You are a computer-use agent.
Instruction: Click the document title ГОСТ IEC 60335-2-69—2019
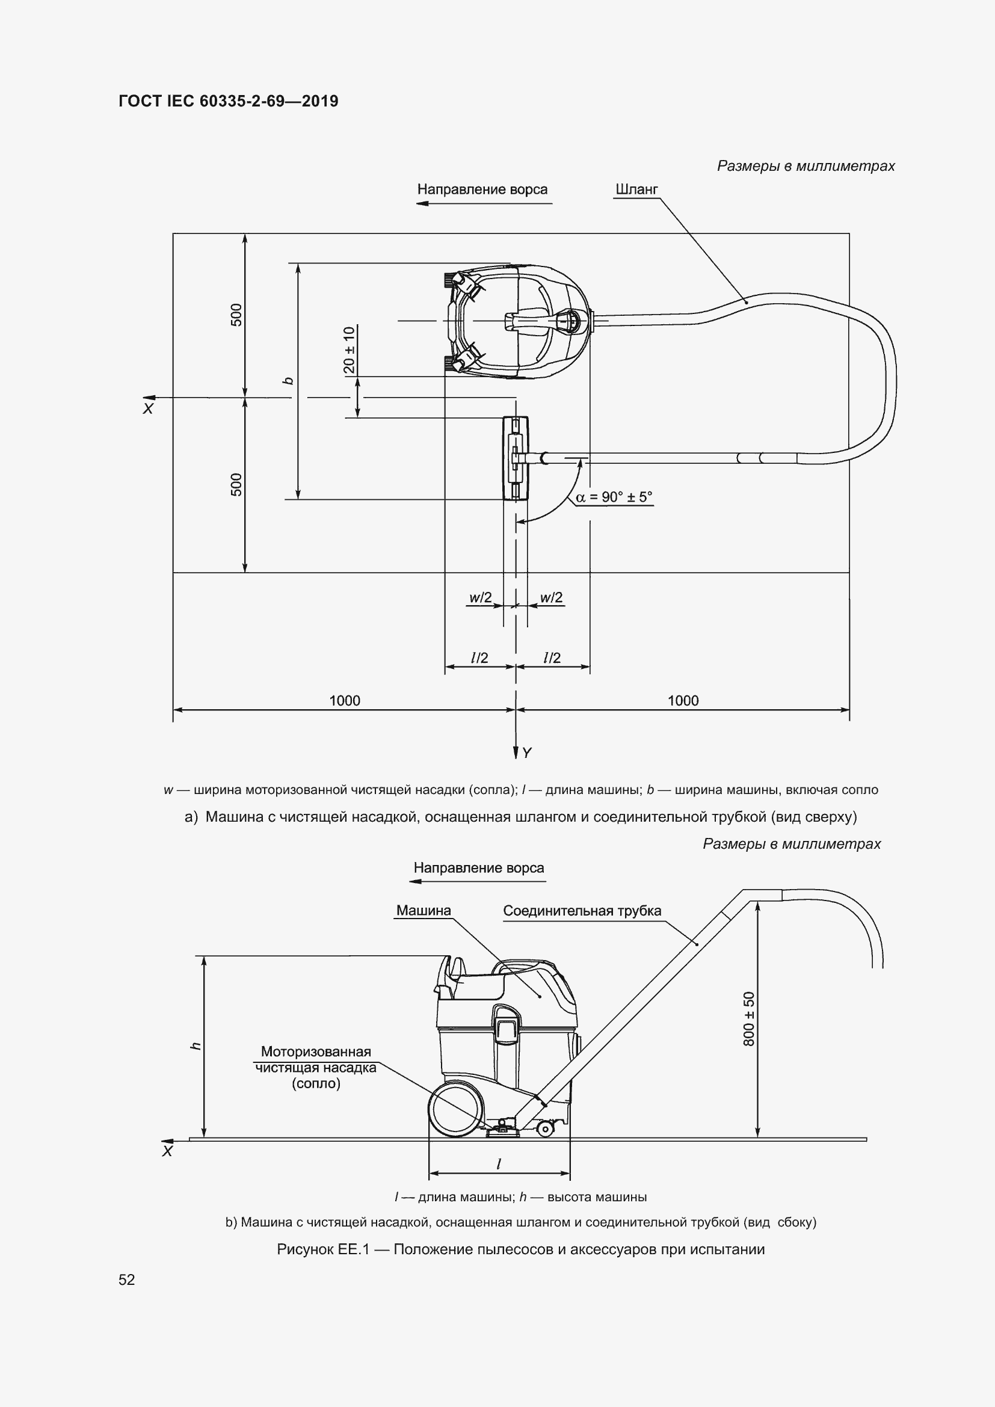tap(228, 101)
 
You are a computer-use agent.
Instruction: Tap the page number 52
tap(127, 1279)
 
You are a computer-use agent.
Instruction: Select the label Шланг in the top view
tap(636, 189)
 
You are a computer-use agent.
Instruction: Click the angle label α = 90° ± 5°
tap(614, 497)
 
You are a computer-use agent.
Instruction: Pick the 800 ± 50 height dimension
tap(749, 1019)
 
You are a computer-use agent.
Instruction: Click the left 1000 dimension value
tap(344, 700)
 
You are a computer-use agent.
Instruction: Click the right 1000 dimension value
tap(683, 700)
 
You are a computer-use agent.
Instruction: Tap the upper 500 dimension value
tap(236, 315)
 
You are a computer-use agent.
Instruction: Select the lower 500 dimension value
tap(236, 484)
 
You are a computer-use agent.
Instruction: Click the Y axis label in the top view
tap(527, 753)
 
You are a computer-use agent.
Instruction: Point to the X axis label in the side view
tap(167, 1151)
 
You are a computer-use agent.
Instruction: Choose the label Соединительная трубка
tap(582, 911)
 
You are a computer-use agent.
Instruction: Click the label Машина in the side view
tap(424, 910)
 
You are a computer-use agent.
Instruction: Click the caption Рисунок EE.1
tap(521, 1249)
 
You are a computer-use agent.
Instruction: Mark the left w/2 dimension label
tap(480, 597)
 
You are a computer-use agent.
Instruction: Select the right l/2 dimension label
tap(552, 657)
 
